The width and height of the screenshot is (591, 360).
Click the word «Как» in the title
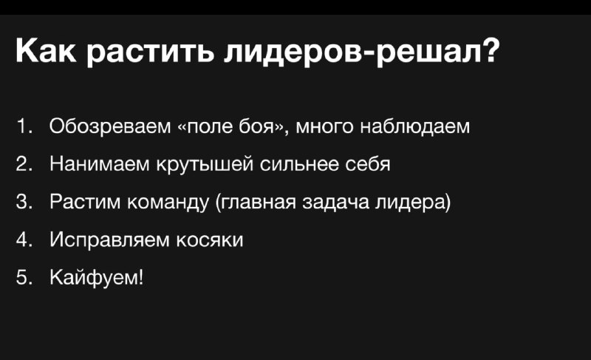[x=46, y=51]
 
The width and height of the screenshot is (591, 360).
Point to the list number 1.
[x=24, y=126]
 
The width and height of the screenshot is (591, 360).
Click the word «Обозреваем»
[x=110, y=126]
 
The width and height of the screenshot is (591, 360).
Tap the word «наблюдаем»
[x=414, y=126]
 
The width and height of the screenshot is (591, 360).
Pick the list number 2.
[x=24, y=164]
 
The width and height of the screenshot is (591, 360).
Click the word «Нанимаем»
[x=99, y=164]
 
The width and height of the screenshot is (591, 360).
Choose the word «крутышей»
[x=205, y=165]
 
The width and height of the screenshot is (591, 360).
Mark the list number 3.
[x=24, y=202]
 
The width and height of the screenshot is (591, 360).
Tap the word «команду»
[x=168, y=203]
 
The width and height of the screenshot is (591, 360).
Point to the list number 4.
[x=24, y=240]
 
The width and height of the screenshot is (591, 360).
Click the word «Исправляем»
[x=109, y=240]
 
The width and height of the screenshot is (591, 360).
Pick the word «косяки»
[x=210, y=240]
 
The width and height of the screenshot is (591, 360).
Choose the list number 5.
[x=24, y=277]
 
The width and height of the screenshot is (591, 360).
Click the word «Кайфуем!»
[x=97, y=278]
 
